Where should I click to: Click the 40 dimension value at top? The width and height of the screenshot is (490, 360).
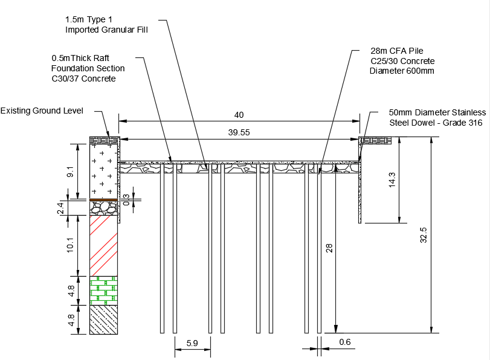(239, 115)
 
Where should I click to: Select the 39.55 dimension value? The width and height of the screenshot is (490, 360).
(239, 132)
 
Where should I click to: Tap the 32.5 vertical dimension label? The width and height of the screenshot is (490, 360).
(424, 235)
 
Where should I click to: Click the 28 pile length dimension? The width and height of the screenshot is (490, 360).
(329, 247)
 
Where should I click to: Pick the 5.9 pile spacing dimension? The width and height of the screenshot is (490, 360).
(192, 343)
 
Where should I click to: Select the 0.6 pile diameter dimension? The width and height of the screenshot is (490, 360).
(345, 342)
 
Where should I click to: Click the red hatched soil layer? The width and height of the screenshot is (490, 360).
(103, 245)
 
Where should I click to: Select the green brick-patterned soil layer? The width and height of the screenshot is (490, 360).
(103, 291)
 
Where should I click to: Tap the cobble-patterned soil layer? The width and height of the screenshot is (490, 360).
(103, 208)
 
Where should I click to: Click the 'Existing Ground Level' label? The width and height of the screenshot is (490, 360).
(42, 111)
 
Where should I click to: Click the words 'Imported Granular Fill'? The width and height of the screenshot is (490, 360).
(106, 30)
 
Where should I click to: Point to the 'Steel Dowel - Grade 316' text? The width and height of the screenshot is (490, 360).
(436, 123)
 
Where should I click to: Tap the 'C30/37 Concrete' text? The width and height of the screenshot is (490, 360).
(83, 79)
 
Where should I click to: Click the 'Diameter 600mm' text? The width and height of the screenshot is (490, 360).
(402, 71)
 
